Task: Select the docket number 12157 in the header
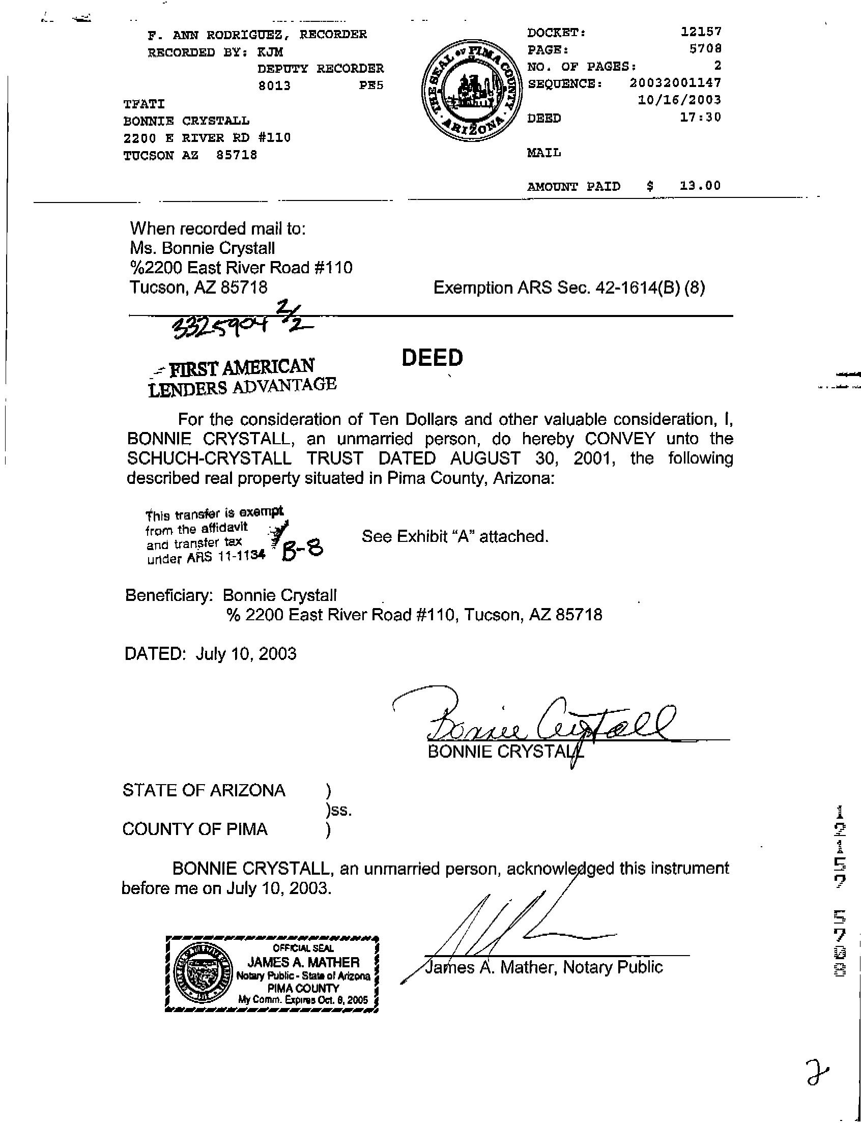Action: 701,32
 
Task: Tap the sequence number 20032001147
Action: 675,83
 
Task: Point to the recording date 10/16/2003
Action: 679,100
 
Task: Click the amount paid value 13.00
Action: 700,186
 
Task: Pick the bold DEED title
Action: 432,358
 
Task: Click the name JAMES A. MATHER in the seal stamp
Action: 304,962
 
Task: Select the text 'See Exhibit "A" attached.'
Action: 455,537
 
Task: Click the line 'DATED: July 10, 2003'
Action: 210,653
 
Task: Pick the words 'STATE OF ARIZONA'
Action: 204,790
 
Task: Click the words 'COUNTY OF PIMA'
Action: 195,829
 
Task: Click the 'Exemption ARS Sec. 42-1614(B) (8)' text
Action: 569,288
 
